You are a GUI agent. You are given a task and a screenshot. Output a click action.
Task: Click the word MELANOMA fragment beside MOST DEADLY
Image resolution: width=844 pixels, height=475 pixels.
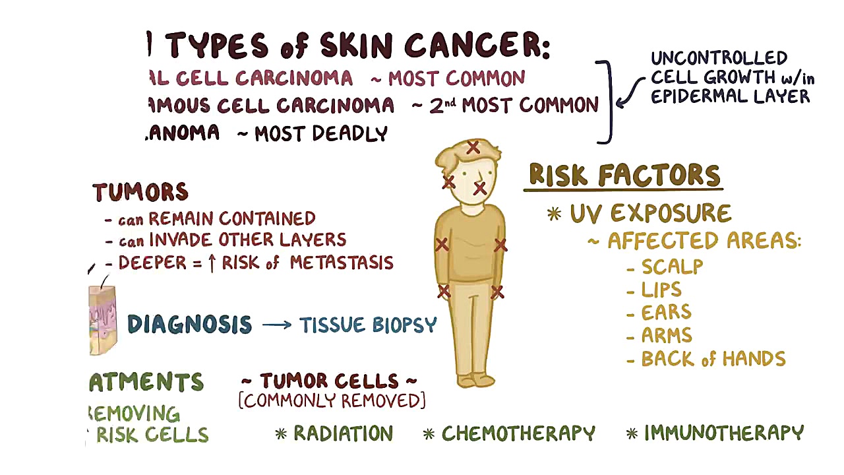(x=183, y=133)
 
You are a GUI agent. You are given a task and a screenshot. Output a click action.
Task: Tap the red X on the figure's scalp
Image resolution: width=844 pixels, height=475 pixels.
(x=473, y=148)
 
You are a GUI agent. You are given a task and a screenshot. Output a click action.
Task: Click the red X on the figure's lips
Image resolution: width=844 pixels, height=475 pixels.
(x=480, y=189)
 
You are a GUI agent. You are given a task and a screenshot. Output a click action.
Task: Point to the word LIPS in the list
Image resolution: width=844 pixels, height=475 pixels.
(x=661, y=290)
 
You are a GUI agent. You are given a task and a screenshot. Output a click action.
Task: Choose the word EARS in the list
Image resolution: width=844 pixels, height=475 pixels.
(x=666, y=313)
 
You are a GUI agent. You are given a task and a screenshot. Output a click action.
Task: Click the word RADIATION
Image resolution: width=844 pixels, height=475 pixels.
(x=343, y=433)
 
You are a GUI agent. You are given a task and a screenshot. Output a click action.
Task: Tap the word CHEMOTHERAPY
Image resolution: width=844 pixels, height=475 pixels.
(x=518, y=433)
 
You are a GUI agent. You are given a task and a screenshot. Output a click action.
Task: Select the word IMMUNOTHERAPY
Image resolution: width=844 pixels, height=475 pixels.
(x=724, y=433)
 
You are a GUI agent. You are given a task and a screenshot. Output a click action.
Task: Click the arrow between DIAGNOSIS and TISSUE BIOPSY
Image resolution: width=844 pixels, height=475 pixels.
(x=276, y=325)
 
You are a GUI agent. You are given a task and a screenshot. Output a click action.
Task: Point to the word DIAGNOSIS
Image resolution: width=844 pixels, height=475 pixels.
(x=189, y=325)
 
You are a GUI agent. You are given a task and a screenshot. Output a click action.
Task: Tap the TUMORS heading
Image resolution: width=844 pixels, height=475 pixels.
(x=140, y=192)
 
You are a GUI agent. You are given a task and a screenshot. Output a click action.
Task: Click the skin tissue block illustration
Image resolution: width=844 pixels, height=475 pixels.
(x=102, y=320)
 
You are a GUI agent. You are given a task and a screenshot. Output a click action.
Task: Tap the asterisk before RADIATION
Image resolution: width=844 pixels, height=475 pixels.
(x=282, y=434)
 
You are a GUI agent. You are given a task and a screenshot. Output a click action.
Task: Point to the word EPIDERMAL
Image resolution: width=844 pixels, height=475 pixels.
(x=691, y=96)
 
